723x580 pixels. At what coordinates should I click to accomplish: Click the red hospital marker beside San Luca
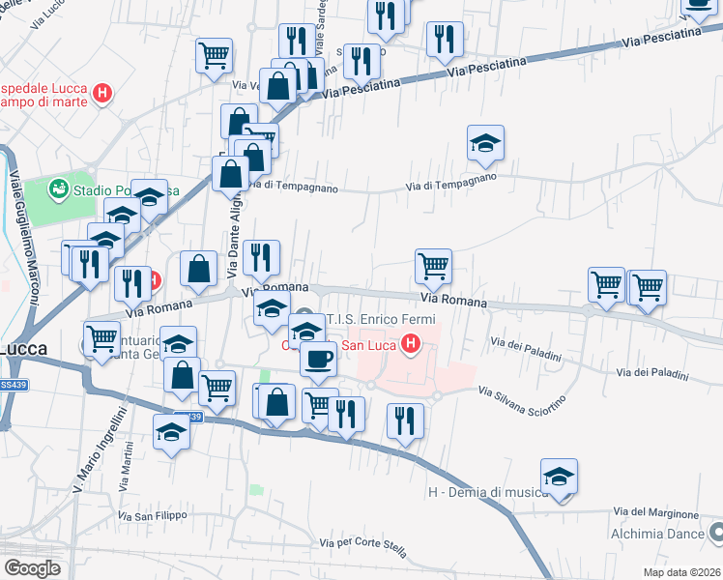(411, 343)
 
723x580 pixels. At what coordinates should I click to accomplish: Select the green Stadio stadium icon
(60, 189)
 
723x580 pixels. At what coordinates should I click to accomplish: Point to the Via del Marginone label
(655, 512)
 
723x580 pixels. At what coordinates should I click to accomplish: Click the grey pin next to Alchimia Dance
(715, 532)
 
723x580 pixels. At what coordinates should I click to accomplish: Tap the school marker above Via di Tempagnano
(485, 145)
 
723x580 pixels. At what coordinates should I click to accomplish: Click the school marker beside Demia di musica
(559, 478)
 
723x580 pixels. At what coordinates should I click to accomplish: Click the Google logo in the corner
(32, 568)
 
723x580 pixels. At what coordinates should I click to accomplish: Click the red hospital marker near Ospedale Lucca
(103, 95)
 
